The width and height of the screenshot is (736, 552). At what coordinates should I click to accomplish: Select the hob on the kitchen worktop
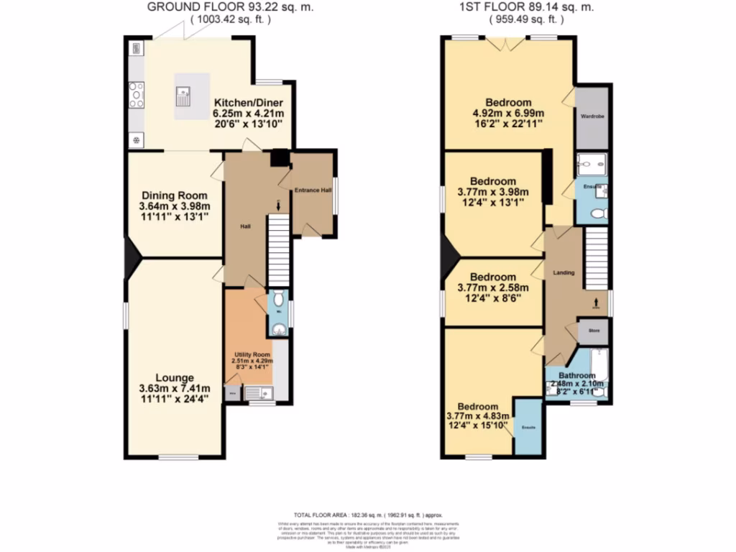[x=135, y=95]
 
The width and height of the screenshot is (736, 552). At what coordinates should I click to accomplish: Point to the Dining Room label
[x=174, y=195]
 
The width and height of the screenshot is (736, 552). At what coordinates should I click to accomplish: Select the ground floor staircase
[x=278, y=252]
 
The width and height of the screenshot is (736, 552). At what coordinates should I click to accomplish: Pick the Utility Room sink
[x=258, y=392]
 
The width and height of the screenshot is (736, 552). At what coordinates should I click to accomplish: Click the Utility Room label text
[x=252, y=355]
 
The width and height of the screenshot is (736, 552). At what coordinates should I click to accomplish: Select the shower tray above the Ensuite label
[x=591, y=165]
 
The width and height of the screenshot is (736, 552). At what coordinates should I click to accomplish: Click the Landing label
[x=563, y=272]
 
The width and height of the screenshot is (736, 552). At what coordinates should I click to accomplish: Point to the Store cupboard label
[x=594, y=331]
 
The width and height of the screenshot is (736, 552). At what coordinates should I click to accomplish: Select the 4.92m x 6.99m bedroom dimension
[x=508, y=113]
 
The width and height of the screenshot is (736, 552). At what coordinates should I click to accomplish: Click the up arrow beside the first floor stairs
[x=596, y=303]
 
